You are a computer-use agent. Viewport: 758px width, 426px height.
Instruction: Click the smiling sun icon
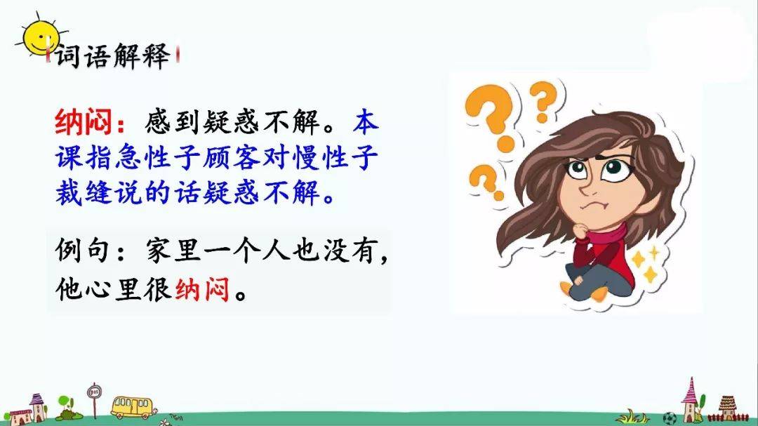39,37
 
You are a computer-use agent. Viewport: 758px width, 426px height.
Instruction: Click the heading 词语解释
113,55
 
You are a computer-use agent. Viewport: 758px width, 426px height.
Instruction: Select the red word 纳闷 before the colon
83,122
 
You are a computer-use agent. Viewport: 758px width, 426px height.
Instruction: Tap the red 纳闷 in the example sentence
202,289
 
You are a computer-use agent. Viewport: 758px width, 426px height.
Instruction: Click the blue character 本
366,122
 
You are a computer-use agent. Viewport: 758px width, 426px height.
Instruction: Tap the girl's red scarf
606,234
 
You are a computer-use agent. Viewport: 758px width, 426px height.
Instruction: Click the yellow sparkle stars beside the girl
647,263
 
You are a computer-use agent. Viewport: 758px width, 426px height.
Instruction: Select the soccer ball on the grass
669,418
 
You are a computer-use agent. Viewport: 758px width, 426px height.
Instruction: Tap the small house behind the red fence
727,407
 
